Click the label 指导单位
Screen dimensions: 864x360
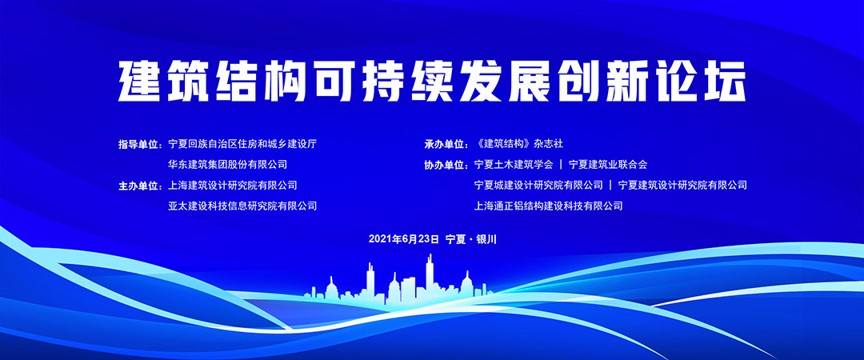(138, 145)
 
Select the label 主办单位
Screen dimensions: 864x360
(138, 186)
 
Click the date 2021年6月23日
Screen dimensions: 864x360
(404, 239)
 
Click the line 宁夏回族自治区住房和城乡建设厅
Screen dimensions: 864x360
(243, 144)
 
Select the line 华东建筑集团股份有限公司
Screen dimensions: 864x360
(228, 164)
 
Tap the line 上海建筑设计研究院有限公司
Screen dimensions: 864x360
(233, 186)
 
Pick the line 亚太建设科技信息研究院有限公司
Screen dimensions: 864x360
(243, 206)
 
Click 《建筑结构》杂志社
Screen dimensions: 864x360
(518, 144)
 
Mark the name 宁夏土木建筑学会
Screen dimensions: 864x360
(514, 164)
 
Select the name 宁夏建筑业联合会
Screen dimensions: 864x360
(608, 164)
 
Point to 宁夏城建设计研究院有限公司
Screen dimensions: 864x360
(538, 186)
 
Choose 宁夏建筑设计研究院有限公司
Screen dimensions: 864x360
(682, 186)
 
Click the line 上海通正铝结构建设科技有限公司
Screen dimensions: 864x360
(548, 206)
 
